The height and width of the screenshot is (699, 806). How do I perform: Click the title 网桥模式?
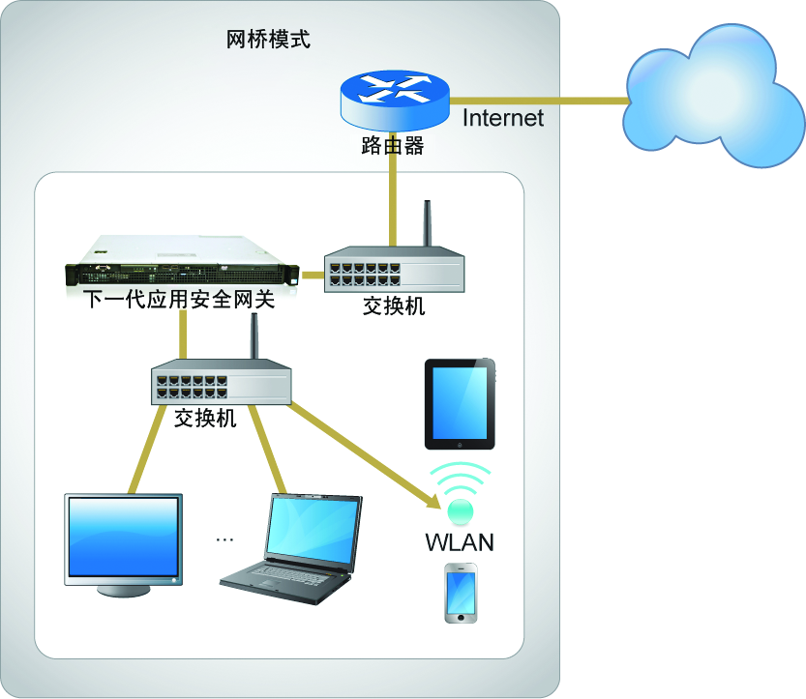tap(268, 41)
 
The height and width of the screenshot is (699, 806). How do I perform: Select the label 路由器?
tap(392, 146)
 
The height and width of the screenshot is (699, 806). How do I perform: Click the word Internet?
tap(503, 118)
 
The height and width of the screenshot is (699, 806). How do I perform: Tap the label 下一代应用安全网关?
tap(179, 300)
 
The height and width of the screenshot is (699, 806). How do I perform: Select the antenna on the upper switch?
tap(425, 224)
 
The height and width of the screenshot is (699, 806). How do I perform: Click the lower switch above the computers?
tap(222, 384)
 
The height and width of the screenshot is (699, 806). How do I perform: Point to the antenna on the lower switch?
tap(255, 338)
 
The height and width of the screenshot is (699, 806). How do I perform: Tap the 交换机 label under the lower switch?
tap(205, 419)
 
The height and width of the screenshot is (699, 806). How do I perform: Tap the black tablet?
tap(460, 403)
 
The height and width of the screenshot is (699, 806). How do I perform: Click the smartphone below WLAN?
tap(461, 592)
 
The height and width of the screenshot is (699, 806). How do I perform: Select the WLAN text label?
tap(460, 541)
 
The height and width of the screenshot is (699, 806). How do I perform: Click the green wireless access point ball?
tap(460, 508)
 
